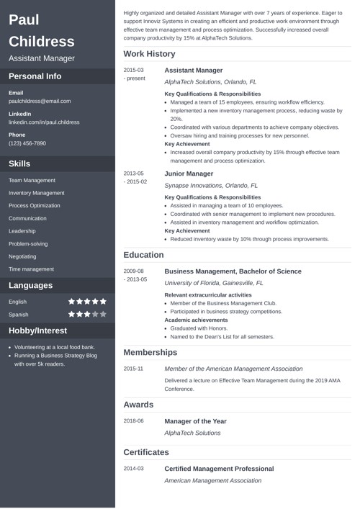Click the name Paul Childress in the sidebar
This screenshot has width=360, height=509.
click(x=42, y=30)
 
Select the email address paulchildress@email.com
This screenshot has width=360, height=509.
click(x=40, y=102)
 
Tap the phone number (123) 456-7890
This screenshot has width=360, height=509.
click(x=27, y=143)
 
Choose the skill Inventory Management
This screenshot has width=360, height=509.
click(x=36, y=193)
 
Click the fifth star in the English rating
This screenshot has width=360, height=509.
click(x=102, y=302)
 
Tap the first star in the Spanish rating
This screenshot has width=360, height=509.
click(x=72, y=315)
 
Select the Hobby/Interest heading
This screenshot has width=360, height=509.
click(x=37, y=331)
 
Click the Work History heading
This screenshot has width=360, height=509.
click(x=149, y=54)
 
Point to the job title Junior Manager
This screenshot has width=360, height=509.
click(x=189, y=174)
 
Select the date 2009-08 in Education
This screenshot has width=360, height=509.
click(x=133, y=271)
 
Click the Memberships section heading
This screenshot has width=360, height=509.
click(x=150, y=353)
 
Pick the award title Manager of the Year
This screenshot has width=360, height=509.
click(x=195, y=420)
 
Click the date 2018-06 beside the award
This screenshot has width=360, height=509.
click(x=133, y=420)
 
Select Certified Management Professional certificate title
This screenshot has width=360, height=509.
click(x=219, y=468)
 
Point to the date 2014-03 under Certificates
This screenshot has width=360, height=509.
click(x=133, y=468)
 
